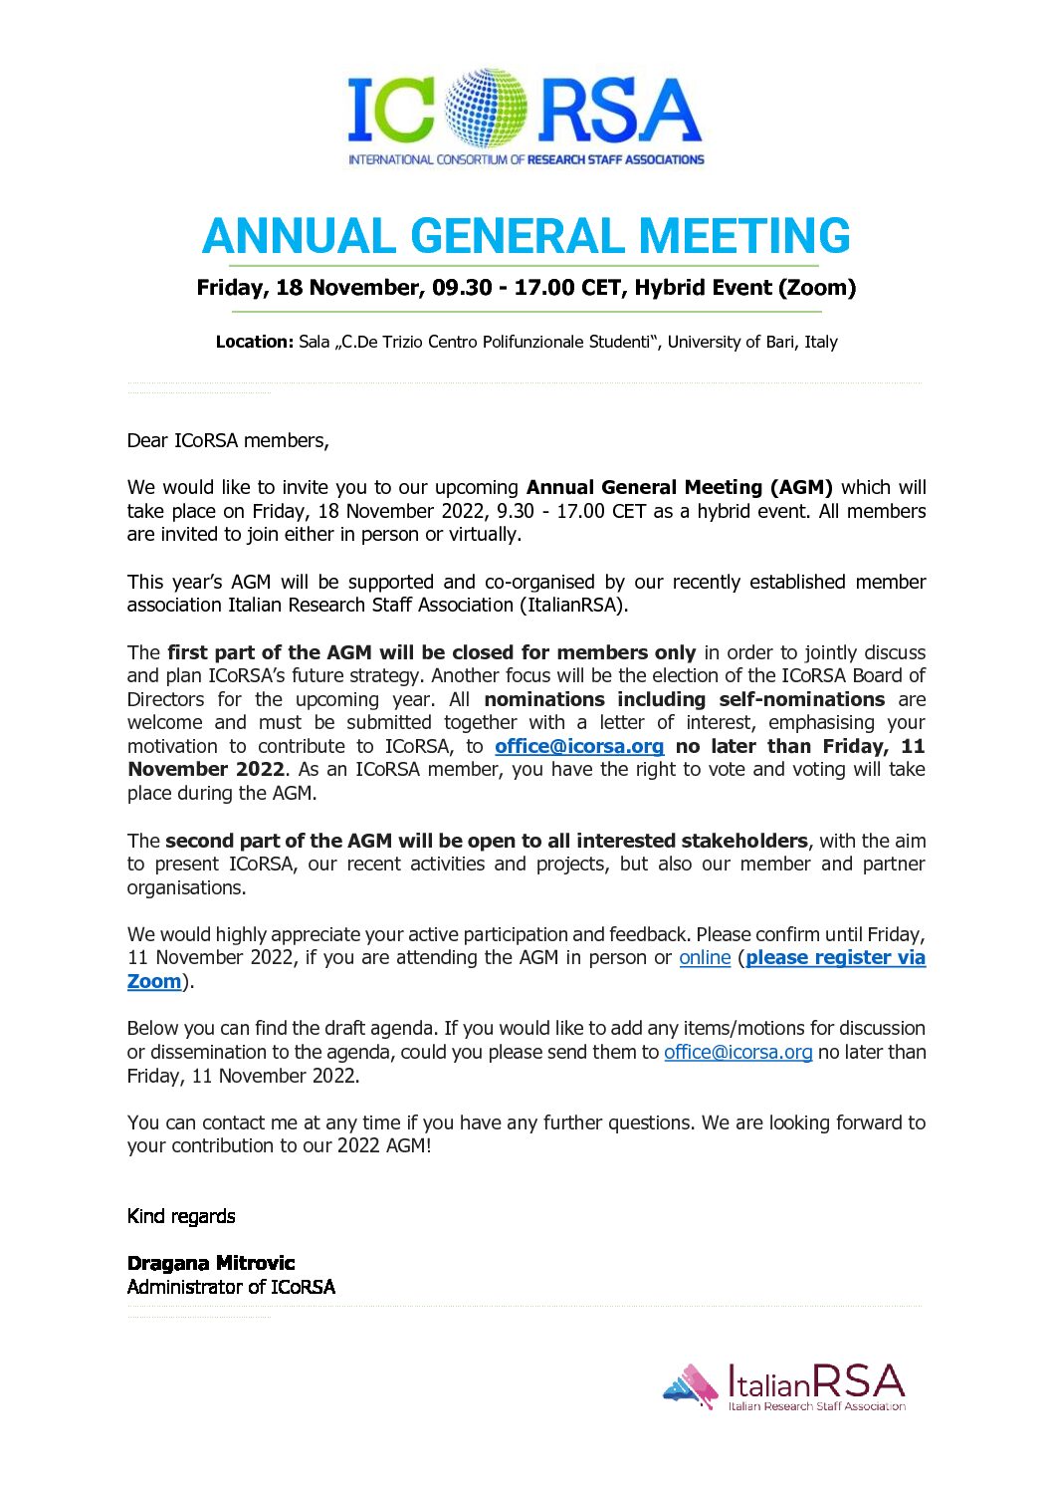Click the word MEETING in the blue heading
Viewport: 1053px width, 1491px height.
[744, 236]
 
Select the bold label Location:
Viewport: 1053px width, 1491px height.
[255, 343]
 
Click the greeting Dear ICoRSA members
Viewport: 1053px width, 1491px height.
[228, 440]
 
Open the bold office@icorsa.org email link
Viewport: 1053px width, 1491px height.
[579, 747]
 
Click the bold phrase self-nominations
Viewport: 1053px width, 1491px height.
[801, 699]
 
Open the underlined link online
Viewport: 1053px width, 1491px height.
[705, 958]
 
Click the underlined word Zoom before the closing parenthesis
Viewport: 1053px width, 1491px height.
[154, 982]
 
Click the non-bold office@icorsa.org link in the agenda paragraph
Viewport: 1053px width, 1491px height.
[737, 1053]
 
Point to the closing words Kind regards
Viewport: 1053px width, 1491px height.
[181, 1216]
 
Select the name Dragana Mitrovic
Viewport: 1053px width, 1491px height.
[211, 1263]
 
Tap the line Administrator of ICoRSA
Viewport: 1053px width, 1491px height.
[231, 1287]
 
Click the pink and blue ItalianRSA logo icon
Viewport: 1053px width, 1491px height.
[691, 1385]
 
